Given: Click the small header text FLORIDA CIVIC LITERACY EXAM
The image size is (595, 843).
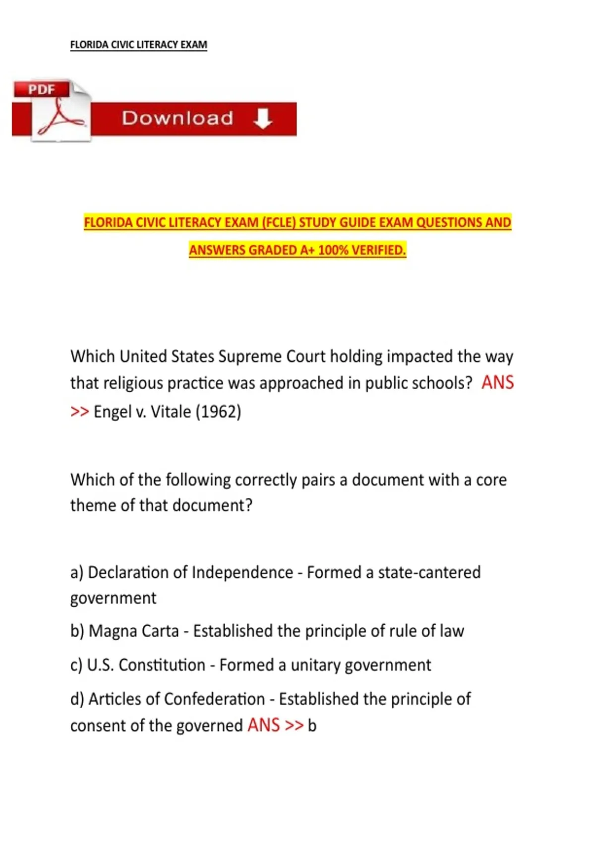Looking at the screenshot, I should [138, 45].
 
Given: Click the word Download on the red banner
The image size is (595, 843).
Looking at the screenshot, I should [178, 118].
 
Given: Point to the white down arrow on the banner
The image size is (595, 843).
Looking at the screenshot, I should [262, 119].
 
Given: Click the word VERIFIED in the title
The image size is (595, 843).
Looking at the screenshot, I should [379, 250].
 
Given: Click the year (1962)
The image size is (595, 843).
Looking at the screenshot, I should [218, 412].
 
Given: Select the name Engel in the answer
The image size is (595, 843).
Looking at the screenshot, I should [113, 412].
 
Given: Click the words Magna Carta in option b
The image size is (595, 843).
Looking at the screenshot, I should [133, 631].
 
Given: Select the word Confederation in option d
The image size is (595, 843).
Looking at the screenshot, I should [214, 699].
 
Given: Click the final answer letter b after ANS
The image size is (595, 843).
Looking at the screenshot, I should [312, 726].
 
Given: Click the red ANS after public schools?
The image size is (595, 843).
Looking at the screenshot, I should [497, 383].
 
